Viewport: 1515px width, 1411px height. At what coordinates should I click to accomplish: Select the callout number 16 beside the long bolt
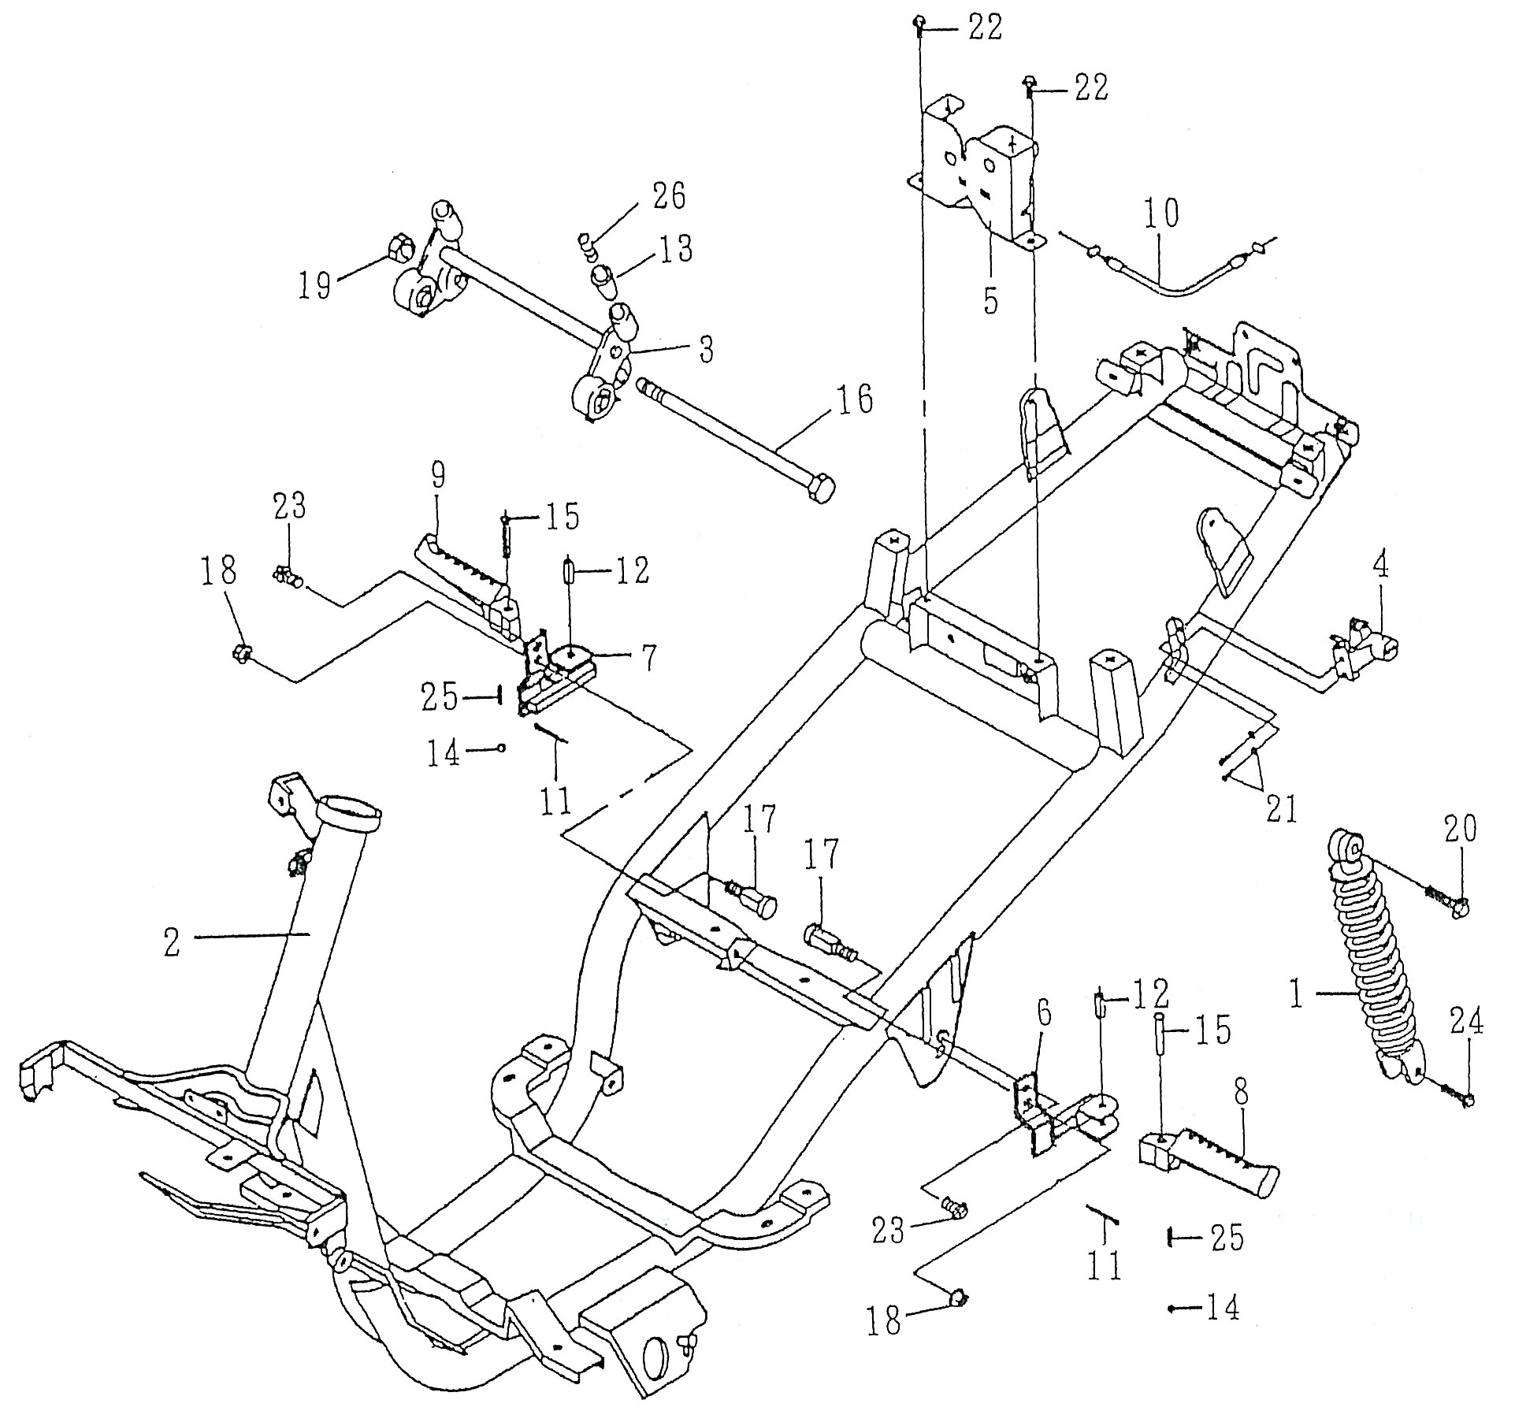[x=854, y=401]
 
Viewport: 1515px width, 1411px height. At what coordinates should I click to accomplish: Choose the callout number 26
[x=668, y=197]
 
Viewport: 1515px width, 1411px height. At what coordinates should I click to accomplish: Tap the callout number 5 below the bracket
[x=990, y=300]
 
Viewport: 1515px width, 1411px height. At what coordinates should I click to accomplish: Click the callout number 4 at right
[x=1379, y=566]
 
